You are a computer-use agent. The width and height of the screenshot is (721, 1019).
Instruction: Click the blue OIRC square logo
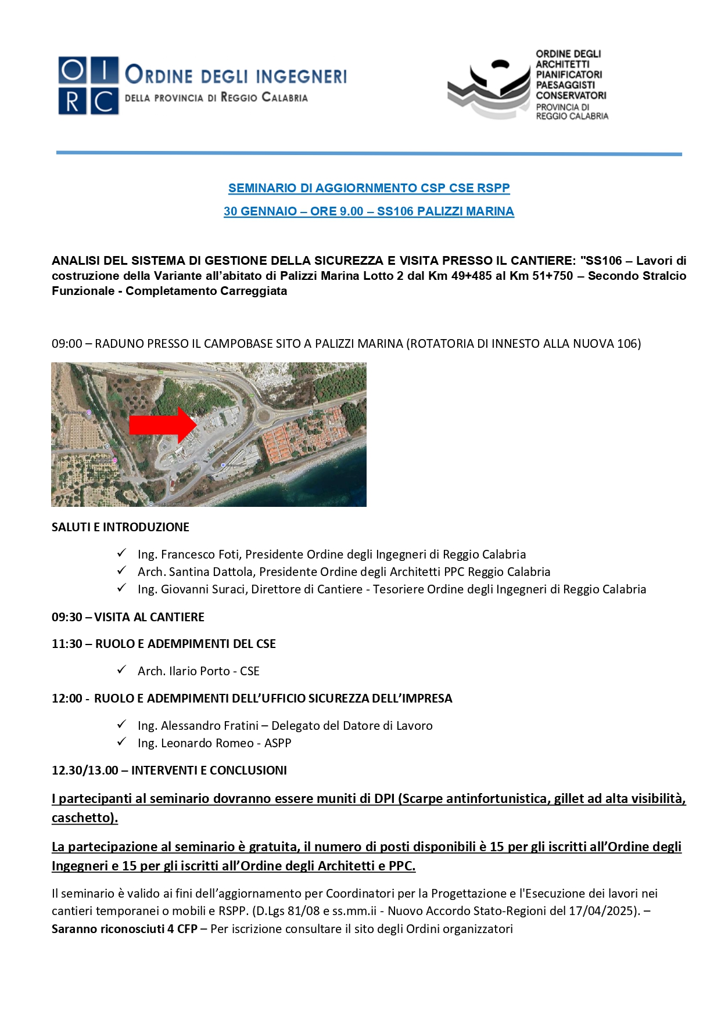click(88, 85)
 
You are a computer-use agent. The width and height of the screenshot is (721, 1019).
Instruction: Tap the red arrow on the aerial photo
click(162, 424)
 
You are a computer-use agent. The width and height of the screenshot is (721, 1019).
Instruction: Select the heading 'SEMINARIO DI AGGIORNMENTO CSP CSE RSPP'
click(369, 188)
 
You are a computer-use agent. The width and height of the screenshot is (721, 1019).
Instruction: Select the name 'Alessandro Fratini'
click(210, 726)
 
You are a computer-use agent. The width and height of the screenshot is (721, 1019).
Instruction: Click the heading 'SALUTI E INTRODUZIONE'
click(120, 527)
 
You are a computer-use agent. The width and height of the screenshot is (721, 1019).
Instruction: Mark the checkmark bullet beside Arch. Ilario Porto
click(121, 670)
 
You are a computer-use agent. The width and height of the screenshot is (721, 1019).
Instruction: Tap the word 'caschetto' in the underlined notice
click(82, 818)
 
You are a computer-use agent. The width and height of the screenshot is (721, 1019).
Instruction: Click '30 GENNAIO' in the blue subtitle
click(260, 211)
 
